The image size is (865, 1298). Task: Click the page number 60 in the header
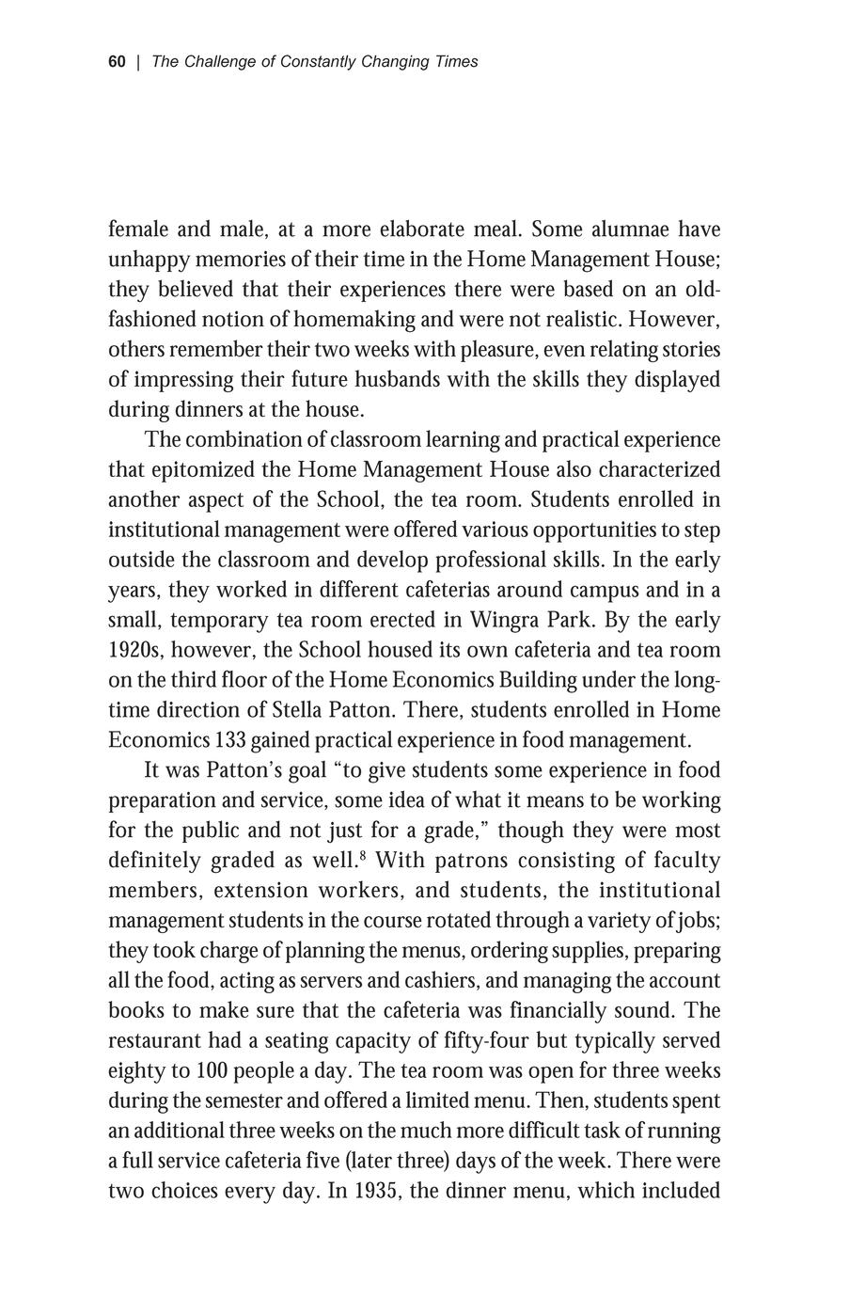[x=117, y=62]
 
